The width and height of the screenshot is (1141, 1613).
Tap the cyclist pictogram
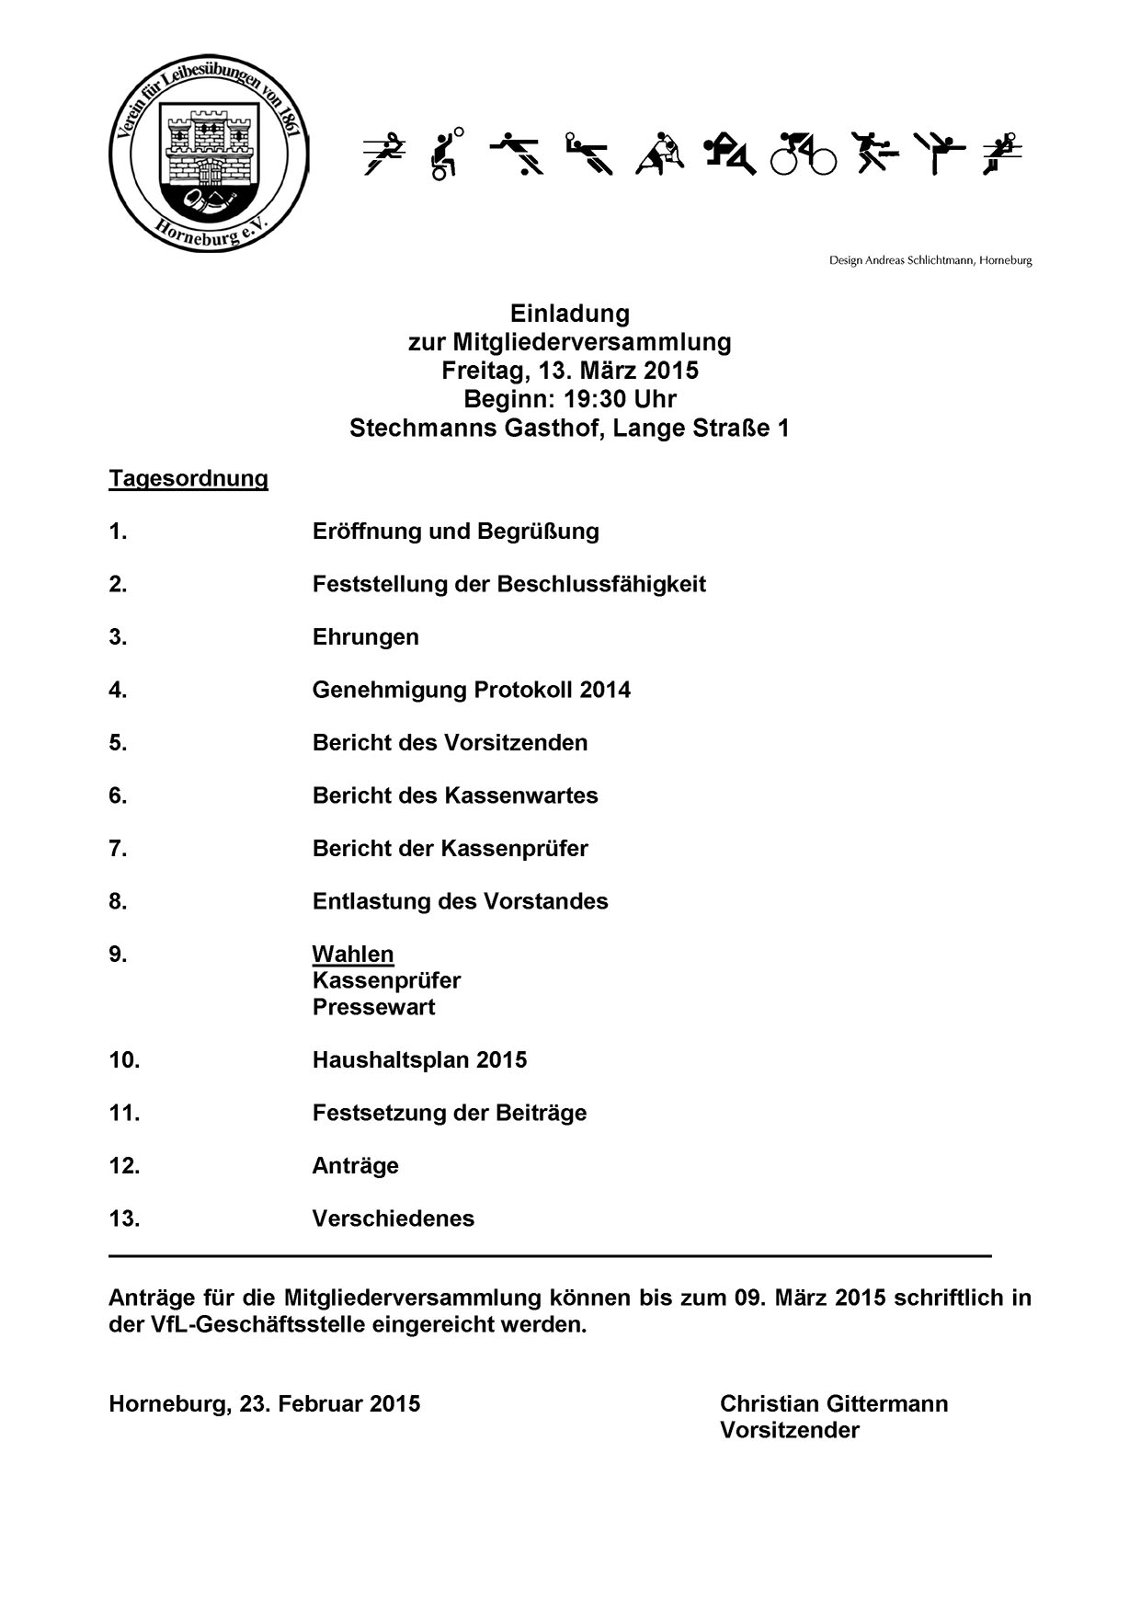pyautogui.click(x=803, y=154)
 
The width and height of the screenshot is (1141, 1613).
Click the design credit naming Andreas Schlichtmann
pyautogui.click(x=930, y=260)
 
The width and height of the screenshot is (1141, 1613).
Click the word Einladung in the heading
pyautogui.click(x=570, y=314)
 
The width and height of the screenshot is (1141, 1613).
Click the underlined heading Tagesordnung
pyautogui.click(x=188, y=479)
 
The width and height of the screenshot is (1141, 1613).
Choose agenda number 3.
pyautogui.click(x=118, y=637)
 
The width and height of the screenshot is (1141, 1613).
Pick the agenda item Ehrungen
pyautogui.click(x=365, y=637)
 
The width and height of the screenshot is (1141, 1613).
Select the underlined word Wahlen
pyautogui.click(x=353, y=955)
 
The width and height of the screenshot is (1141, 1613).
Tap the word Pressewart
pyautogui.click(x=373, y=1007)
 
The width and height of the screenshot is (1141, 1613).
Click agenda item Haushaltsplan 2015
pyautogui.click(x=419, y=1060)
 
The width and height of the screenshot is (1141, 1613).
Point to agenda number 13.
pyautogui.click(x=124, y=1218)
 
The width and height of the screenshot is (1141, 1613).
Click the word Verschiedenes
pyautogui.click(x=394, y=1218)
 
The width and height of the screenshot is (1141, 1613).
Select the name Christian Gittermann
pyautogui.click(x=834, y=1404)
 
